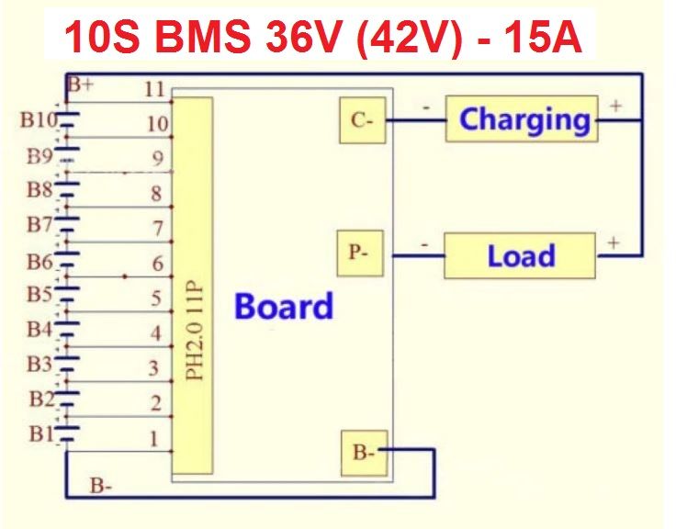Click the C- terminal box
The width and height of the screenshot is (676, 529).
pos(363,119)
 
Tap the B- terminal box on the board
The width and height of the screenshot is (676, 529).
pos(364,452)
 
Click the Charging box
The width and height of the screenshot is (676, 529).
pos(522,119)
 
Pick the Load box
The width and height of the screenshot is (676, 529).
pos(520,255)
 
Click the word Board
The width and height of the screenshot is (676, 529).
pos(284,305)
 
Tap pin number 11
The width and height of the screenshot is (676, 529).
pos(154,89)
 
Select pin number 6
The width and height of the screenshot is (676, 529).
pos(157,264)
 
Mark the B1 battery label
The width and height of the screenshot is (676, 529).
pos(39,434)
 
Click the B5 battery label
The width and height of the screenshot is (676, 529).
pos(39,295)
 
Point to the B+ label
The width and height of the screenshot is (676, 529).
pos(80,85)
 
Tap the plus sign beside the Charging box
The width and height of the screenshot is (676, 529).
pos(614,106)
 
